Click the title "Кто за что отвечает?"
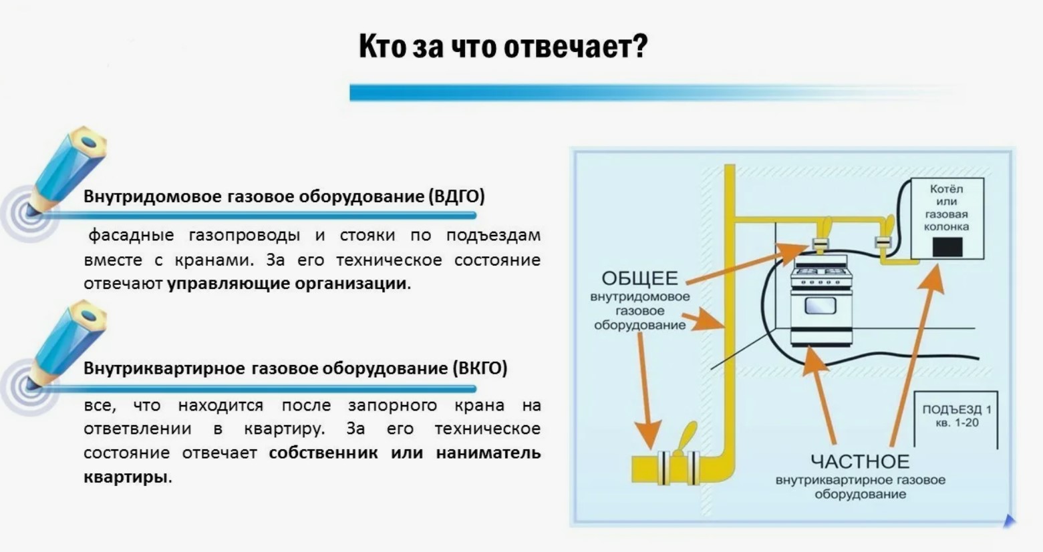[503, 47]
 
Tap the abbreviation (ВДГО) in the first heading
[457, 196]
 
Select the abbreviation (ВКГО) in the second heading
[480, 368]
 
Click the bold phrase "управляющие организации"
[287, 284]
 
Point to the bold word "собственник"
[323, 453]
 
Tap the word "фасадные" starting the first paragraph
[131, 236]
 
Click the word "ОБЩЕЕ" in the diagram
[640, 278]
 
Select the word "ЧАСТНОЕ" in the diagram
[860, 462]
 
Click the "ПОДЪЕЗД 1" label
[957, 410]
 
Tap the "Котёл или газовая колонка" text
[947, 208]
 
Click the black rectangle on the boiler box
[947, 247]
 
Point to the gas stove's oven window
[821, 306]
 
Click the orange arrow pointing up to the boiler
[915, 356]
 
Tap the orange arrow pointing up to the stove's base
[820, 395]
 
